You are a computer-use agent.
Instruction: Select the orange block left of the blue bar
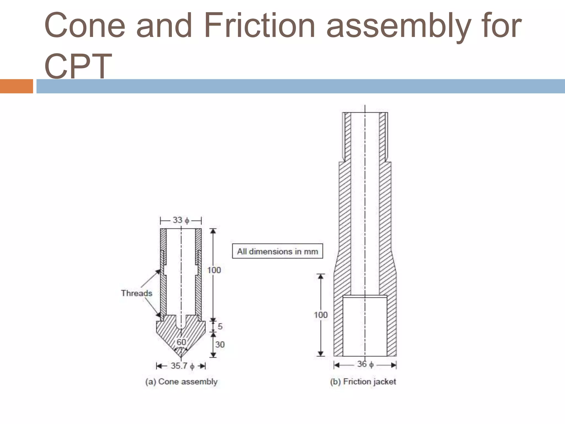[x=16, y=86]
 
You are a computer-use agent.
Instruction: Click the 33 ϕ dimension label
[x=181, y=220]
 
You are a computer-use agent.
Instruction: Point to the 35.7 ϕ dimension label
[x=182, y=366]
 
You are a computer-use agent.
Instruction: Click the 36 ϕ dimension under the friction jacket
[x=365, y=364]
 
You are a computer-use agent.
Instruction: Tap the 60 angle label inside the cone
[x=181, y=342]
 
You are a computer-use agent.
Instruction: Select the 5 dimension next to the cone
[x=220, y=326]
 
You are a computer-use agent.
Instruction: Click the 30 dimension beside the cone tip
[x=220, y=344]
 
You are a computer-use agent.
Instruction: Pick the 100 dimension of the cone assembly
[x=214, y=270]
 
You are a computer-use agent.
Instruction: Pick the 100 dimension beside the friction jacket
[x=321, y=315]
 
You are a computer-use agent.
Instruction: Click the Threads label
[x=137, y=293]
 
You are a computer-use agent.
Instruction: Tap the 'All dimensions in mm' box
[x=278, y=251]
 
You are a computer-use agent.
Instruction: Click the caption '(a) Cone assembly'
[x=181, y=381]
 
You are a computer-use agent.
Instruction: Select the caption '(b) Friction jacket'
[x=363, y=381]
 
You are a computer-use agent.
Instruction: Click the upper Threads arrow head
[x=158, y=272]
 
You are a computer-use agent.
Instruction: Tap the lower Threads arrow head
[x=158, y=315]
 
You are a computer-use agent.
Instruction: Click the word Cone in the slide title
[x=85, y=25]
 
